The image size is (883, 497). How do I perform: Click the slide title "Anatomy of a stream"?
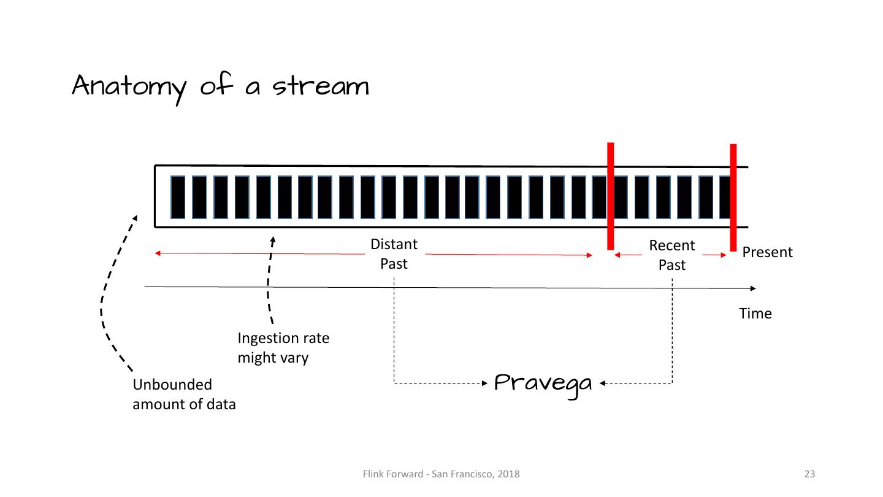221,86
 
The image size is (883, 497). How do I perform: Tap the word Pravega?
543,383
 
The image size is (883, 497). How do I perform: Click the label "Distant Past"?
394,253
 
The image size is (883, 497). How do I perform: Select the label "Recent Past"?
672,255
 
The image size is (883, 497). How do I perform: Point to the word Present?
767,252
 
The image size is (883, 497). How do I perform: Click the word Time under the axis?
755,314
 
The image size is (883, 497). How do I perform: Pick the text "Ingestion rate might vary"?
283,347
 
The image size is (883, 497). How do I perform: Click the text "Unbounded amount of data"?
184,394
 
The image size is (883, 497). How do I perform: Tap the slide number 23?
809,474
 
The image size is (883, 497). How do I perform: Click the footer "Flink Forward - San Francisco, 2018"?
441,474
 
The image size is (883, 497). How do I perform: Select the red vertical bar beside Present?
733,198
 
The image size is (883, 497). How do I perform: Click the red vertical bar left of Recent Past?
610,196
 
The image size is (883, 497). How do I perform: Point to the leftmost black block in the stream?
178,197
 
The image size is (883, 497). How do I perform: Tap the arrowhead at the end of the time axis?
753,288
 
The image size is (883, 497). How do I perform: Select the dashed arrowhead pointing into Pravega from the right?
603,383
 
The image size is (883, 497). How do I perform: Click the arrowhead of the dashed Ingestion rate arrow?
273,240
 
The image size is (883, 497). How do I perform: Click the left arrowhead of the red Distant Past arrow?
158,253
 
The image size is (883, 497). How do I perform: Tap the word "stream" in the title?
321,87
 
